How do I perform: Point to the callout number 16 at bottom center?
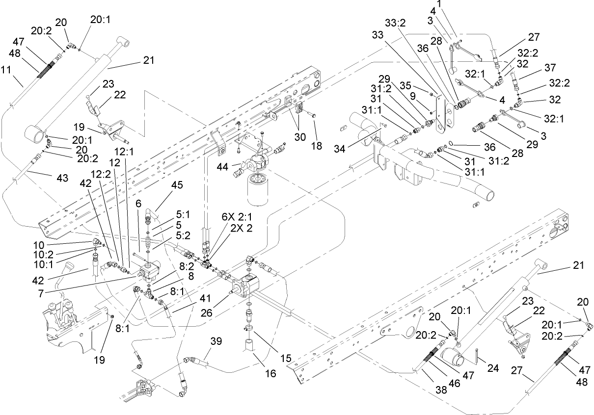coord(270,373)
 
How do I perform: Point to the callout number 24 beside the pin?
coord(491,365)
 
